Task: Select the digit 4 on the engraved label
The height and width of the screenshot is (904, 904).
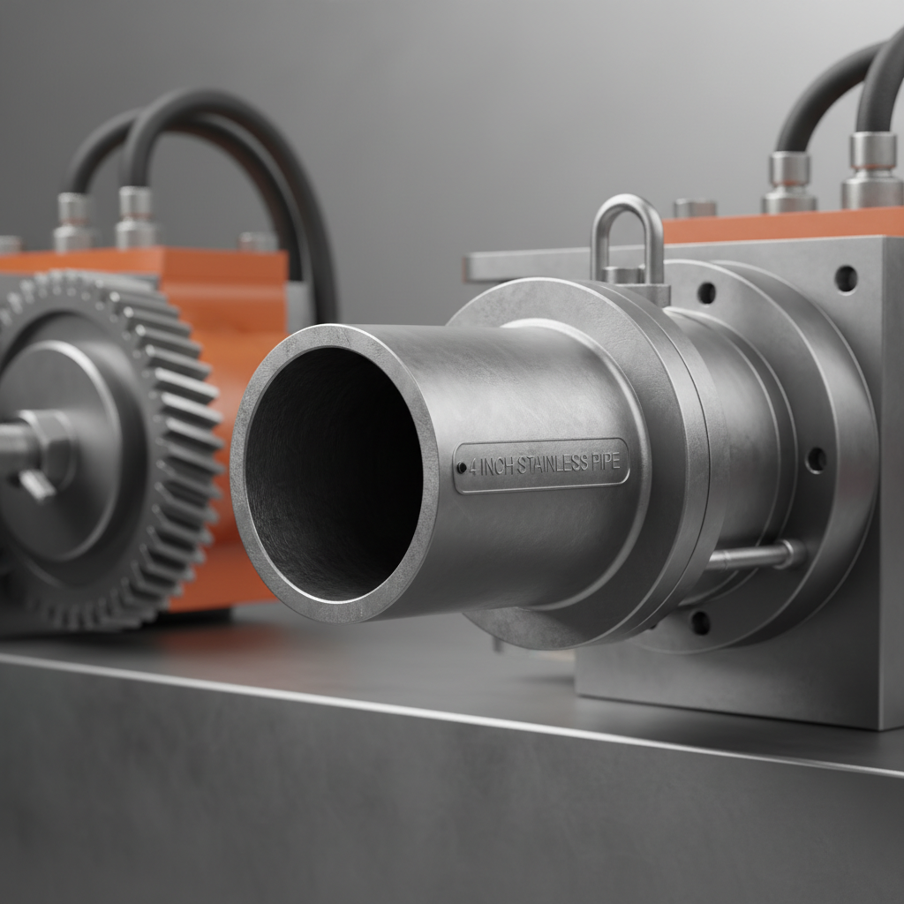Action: point(474,469)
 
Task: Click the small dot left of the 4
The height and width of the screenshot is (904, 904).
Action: point(462,469)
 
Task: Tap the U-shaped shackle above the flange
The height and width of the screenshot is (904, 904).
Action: point(628,235)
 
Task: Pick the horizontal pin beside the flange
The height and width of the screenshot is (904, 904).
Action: point(756,556)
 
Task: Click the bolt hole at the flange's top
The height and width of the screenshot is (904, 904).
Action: point(706,292)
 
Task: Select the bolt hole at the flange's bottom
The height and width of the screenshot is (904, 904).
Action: point(700,622)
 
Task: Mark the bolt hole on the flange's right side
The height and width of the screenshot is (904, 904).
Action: point(817,459)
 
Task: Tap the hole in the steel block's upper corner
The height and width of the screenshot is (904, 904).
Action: point(846,278)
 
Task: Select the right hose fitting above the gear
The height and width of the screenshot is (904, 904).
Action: point(136,217)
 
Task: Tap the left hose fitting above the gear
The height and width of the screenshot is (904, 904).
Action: point(72,222)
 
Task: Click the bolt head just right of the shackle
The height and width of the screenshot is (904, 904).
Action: point(694,208)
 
